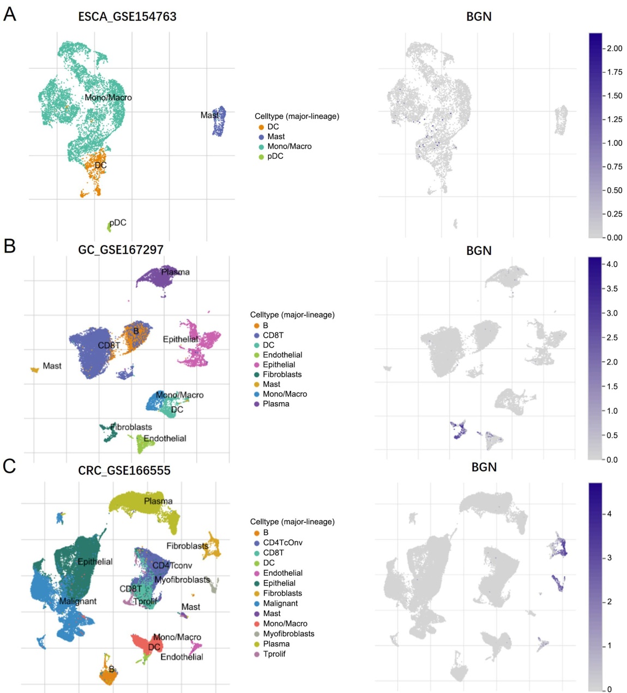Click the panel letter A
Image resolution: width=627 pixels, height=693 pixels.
point(9,14)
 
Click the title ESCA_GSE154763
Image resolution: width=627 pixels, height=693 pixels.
point(127,16)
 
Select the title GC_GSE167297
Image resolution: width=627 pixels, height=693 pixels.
point(120,249)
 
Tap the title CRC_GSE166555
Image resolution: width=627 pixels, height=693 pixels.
point(124,470)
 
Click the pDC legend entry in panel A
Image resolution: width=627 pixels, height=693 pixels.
point(275,156)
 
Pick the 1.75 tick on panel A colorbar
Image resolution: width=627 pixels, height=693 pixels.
point(614,72)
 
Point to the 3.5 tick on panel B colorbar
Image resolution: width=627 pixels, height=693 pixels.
point(612,289)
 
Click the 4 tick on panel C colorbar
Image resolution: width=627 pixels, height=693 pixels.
point(609,514)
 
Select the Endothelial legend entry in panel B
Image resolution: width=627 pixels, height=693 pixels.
point(282,355)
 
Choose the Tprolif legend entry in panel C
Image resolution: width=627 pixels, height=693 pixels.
point(274,654)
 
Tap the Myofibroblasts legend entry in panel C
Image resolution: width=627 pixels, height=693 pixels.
point(288,634)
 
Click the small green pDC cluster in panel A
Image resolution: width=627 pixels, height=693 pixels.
point(109,226)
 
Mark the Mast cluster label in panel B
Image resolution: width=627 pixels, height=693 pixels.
point(52,366)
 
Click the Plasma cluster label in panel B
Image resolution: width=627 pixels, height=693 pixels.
point(175,272)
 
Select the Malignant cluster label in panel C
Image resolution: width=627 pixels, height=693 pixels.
point(78,601)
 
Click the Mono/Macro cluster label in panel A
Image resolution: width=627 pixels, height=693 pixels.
point(108,98)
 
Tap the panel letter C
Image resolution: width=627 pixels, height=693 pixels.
point(9,465)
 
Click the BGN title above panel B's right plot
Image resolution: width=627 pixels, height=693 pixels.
point(479,250)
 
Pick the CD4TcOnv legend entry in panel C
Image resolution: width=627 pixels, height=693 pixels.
point(282,542)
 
